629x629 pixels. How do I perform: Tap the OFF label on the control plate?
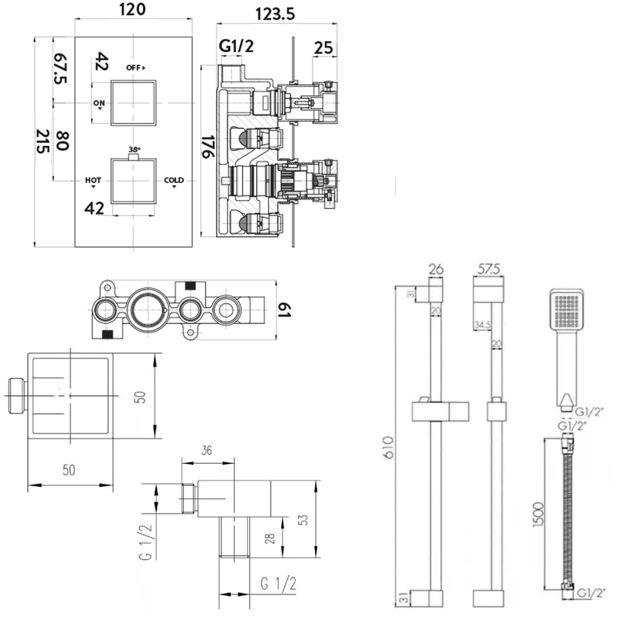pos(135,67)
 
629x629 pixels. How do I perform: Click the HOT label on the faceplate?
pos(93,181)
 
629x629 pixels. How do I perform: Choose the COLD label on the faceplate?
pos(173,181)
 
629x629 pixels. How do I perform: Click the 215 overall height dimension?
pos(42,142)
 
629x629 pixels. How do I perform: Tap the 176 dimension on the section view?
pos(207,146)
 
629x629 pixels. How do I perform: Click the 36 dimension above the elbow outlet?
pos(207,451)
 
